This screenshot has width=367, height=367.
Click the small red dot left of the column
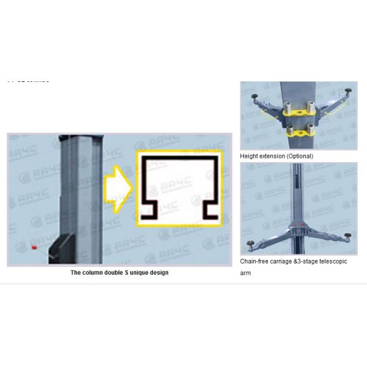tap(34, 247)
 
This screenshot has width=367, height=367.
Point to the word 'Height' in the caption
tap(250, 156)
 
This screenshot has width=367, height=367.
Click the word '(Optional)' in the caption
tap(299, 156)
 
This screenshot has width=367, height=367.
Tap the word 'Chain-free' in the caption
tap(255, 262)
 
